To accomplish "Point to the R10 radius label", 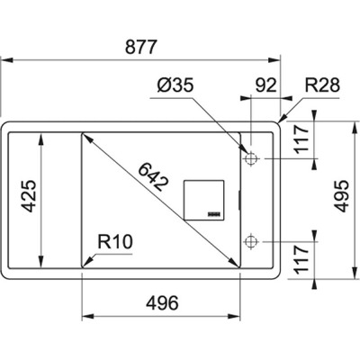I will click(x=115, y=242).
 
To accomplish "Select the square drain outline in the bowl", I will click(x=203, y=200).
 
